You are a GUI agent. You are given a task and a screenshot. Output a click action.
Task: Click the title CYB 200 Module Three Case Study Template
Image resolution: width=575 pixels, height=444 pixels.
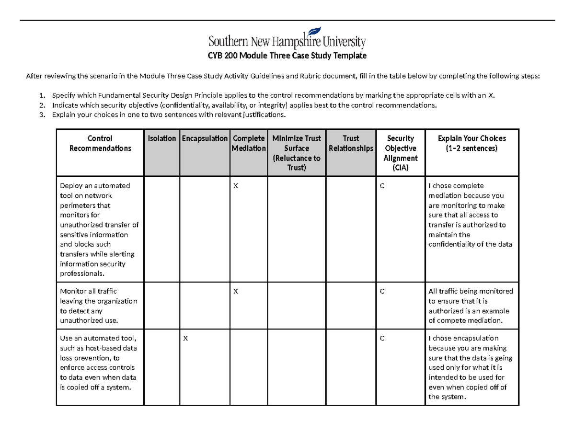(287, 56)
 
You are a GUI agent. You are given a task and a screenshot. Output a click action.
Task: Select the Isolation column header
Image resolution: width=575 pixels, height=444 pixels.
(161, 138)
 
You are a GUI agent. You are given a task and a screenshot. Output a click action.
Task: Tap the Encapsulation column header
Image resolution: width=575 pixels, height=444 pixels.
(205, 138)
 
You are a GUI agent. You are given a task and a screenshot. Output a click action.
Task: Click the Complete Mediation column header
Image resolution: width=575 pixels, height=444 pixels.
(248, 143)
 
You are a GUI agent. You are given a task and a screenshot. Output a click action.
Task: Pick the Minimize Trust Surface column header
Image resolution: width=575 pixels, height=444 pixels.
(296, 153)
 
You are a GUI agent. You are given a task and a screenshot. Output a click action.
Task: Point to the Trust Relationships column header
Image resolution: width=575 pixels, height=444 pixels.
(351, 143)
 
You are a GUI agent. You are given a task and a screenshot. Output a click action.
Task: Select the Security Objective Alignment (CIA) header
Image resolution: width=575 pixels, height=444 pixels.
(401, 153)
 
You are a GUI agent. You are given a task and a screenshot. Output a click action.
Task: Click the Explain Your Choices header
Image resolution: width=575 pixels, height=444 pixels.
(471, 143)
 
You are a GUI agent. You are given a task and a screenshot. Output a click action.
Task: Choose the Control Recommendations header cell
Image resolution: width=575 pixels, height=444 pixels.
(100, 143)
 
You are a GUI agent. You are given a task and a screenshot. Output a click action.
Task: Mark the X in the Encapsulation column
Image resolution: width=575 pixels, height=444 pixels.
(185, 339)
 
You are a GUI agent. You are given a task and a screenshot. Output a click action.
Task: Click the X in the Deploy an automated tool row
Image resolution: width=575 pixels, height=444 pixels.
(235, 186)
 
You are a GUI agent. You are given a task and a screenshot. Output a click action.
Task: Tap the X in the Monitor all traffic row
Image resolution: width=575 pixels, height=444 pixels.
(235, 291)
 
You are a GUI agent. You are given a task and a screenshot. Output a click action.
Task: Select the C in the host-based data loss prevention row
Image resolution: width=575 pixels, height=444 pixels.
(382, 339)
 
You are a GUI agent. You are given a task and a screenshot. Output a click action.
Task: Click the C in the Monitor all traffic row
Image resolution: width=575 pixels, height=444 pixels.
(382, 291)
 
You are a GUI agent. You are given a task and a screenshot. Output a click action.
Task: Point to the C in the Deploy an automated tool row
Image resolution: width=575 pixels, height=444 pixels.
(382, 186)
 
